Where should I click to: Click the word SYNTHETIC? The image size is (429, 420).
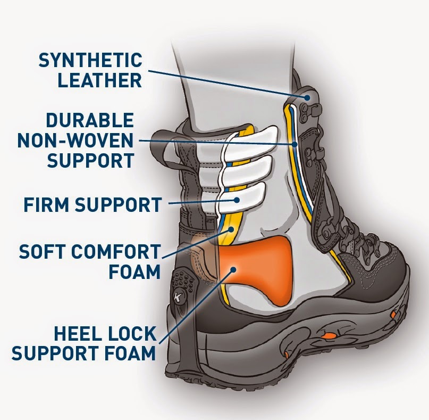tap(90, 60)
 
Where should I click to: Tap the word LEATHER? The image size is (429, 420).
tap(100, 80)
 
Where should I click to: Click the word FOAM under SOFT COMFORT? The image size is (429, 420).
tap(134, 271)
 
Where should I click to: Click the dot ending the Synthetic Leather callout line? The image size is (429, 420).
tap(308, 97)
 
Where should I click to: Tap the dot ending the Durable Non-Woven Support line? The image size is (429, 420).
tap(294, 144)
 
